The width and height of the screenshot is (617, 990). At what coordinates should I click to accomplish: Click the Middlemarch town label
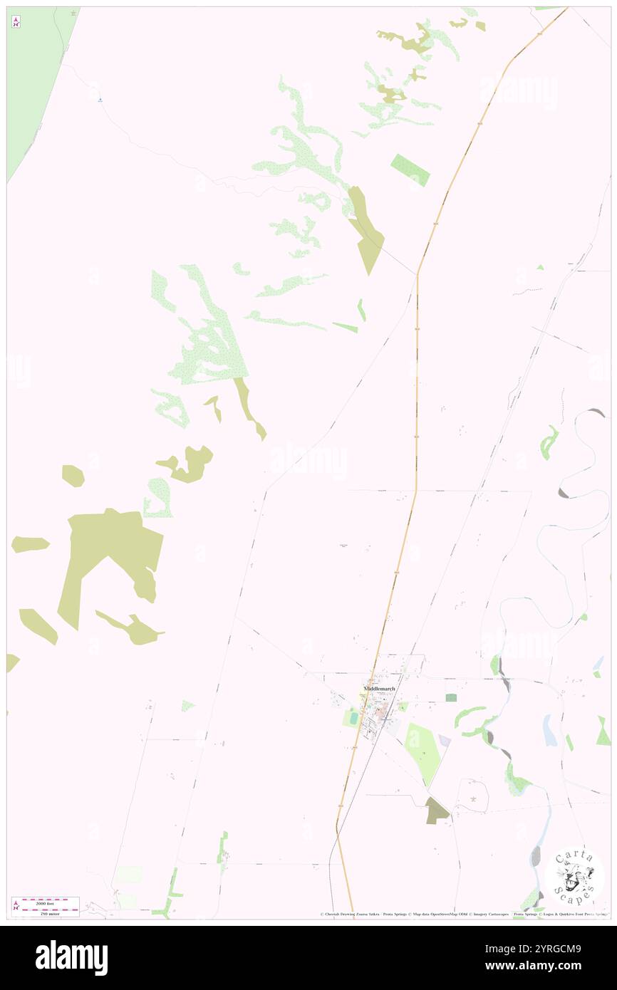(379, 689)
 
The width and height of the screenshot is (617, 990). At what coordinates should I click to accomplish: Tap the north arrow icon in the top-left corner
(16, 22)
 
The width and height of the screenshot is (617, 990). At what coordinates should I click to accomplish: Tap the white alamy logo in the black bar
(72, 957)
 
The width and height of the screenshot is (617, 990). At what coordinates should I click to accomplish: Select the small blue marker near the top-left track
(100, 99)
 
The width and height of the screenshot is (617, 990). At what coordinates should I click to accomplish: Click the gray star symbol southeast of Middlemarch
(473, 799)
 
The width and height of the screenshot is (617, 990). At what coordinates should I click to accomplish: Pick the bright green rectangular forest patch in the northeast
(410, 170)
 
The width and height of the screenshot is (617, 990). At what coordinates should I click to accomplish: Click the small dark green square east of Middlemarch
(450, 697)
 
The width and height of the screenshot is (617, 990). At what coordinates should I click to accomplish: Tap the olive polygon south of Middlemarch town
(437, 810)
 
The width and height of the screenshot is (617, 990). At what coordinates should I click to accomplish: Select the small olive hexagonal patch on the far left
(73, 475)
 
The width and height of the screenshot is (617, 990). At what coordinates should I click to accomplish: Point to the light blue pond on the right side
(549, 730)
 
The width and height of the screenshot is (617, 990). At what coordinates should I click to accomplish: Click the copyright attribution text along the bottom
(463, 915)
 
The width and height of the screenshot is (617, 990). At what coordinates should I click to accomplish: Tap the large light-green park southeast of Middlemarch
(423, 753)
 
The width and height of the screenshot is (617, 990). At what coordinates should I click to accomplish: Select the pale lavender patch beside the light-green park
(445, 741)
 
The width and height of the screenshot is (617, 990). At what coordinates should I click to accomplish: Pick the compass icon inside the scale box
(16, 905)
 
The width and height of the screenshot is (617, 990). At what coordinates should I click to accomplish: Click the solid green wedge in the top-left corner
(32, 78)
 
